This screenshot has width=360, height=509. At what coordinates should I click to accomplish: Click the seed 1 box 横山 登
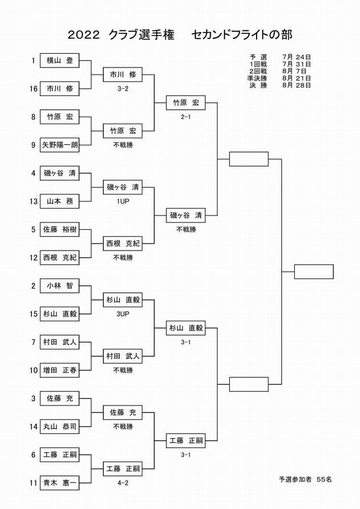[59, 61]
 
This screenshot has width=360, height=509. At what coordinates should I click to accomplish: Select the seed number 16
[33, 89]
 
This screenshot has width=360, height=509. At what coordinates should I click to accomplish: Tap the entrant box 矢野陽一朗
[59, 145]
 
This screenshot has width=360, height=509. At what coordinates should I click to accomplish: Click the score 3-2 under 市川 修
[123, 89]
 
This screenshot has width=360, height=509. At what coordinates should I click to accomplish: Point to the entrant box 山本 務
[59, 201]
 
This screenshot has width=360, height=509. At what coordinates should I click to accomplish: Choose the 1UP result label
[123, 201]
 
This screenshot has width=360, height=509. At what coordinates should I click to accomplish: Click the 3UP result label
[123, 314]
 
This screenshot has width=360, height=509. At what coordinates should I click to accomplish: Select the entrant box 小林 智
[59, 286]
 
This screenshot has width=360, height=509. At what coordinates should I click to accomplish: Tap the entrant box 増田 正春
[59, 371]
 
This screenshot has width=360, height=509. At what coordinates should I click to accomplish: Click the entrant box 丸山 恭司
[59, 427]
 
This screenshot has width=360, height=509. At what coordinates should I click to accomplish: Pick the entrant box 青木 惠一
[59, 483]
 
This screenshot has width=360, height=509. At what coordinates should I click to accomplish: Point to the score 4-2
[123, 483]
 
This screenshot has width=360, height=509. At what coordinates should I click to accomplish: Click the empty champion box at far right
[314, 272]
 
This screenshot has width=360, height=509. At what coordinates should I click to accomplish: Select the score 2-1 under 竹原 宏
[186, 117]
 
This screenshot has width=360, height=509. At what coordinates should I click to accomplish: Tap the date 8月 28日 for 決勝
[297, 85]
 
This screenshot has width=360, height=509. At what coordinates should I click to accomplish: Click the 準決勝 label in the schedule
[257, 78]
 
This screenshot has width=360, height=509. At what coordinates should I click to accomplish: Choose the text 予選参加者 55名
[305, 479]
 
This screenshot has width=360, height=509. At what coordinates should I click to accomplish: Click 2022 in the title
[83, 35]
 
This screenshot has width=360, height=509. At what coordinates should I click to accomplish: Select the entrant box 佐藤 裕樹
[59, 229]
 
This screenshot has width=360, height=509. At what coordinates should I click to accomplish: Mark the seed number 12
[33, 258]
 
